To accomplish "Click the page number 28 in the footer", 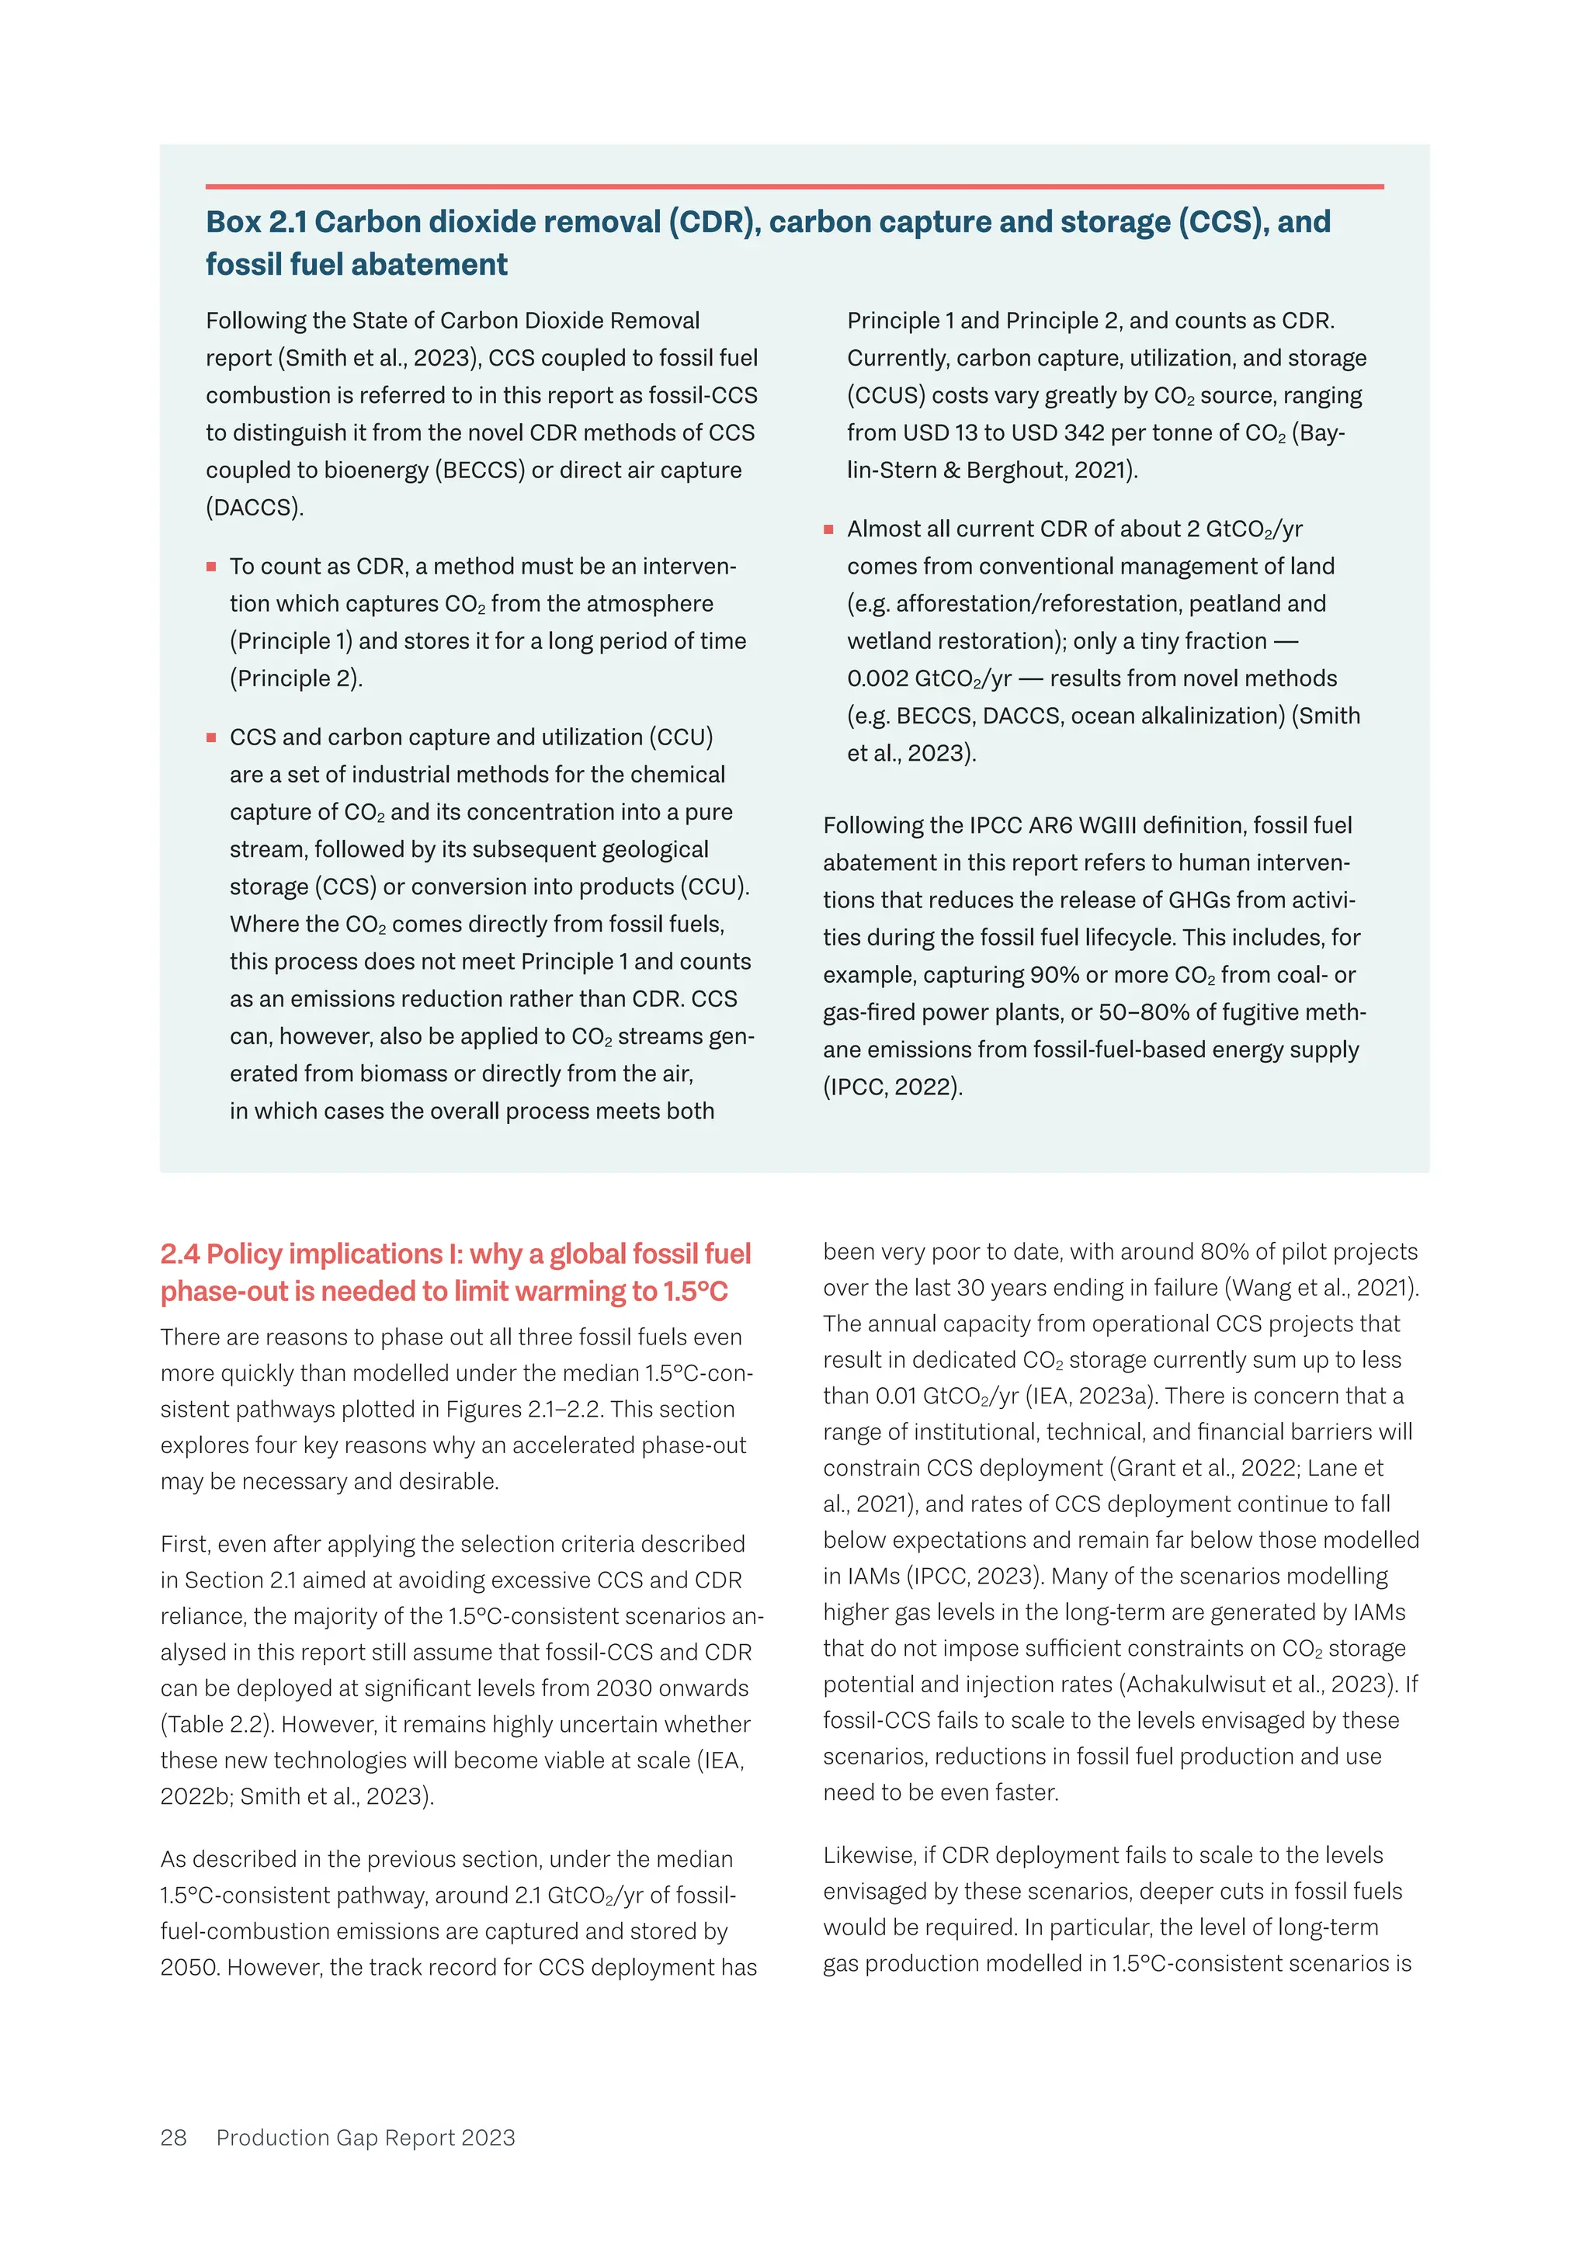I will (x=173, y=2137).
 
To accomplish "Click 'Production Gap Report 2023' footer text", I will (x=365, y=2137).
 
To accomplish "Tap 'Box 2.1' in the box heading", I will (x=255, y=222).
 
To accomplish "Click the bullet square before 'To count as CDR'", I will (x=210, y=567).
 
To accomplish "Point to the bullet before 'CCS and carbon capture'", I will (x=210, y=737).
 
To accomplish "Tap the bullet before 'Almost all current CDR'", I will (x=828, y=529).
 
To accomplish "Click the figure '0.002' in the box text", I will (x=877, y=678).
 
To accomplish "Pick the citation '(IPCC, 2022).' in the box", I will (x=893, y=1087).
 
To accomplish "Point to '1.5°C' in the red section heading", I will (x=694, y=1292).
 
